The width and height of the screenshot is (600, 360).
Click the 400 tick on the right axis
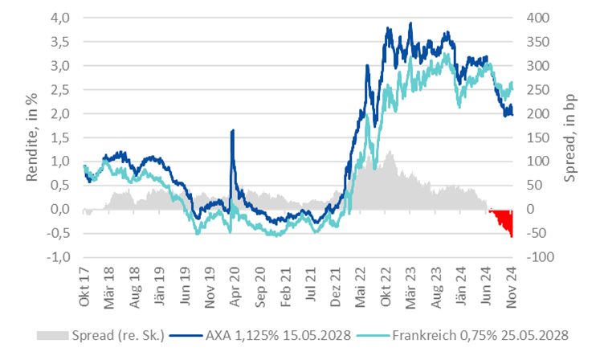point(537,17)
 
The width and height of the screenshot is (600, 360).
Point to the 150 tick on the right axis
point(537,137)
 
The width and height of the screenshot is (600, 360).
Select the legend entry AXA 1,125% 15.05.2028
point(277,334)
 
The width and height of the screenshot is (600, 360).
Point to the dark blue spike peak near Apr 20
point(232,130)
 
